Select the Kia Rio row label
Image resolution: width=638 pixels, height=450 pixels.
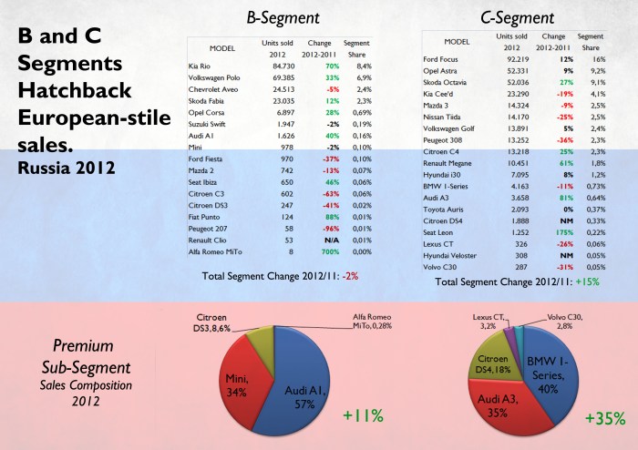click(x=203, y=65)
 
